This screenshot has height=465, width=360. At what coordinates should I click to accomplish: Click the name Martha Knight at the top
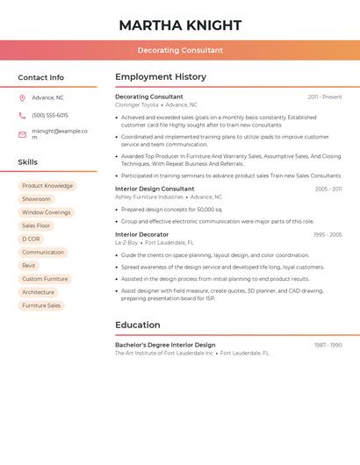tap(180, 25)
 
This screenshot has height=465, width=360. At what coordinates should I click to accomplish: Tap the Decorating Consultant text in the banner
tap(180, 50)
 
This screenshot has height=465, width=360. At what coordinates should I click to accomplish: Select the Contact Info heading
tap(40, 77)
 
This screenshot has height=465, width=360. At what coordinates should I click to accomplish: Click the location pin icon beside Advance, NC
tap(22, 97)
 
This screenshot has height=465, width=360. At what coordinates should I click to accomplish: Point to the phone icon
tap(22, 115)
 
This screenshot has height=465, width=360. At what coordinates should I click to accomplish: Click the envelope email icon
tap(22, 134)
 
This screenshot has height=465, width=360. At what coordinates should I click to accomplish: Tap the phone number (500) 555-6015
tap(50, 115)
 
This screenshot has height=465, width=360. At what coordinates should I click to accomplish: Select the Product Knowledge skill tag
tap(47, 186)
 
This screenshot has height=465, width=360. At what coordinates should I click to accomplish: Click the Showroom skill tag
tap(36, 199)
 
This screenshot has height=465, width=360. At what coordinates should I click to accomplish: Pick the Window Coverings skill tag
tap(47, 212)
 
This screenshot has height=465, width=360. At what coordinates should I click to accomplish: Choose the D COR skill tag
tap(31, 239)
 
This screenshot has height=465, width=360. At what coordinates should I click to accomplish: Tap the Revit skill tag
tap(29, 266)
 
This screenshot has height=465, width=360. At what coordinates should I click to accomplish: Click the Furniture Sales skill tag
tap(41, 305)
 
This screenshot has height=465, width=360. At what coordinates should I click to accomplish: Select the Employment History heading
tap(161, 76)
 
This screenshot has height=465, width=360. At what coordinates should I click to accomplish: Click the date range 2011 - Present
tap(325, 97)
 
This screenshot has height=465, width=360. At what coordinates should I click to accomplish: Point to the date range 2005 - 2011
tap(328, 189)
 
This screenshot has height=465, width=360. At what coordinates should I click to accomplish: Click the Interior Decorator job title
tap(141, 234)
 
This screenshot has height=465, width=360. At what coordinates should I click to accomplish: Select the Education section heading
tap(137, 325)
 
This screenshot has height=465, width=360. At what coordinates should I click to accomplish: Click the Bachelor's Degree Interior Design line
tap(165, 345)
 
